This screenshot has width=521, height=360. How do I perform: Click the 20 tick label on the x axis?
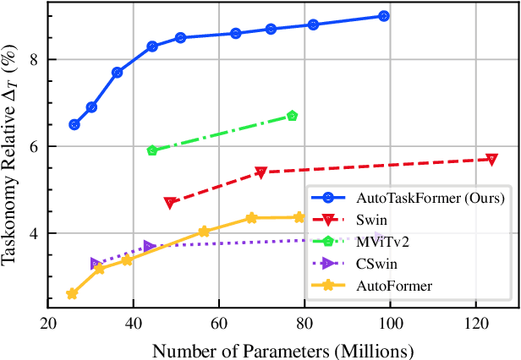pyautogui.click(x=48, y=323)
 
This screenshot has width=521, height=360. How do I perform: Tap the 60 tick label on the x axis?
pyautogui.click(x=219, y=323)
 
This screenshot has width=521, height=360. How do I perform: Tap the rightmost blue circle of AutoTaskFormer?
pyautogui.click(x=384, y=16)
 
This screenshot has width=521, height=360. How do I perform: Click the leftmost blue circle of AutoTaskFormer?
pyautogui.click(x=74, y=124)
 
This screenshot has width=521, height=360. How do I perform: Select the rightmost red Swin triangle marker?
pyautogui.click(x=491, y=159)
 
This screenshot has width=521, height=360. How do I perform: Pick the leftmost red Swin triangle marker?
pyautogui.click(x=170, y=203)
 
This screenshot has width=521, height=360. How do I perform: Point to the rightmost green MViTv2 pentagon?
pyautogui.click(x=293, y=116)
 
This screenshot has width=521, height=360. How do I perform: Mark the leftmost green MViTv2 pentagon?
pyautogui.click(x=152, y=150)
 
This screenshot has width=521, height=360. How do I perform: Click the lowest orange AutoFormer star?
pyautogui.click(x=72, y=294)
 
